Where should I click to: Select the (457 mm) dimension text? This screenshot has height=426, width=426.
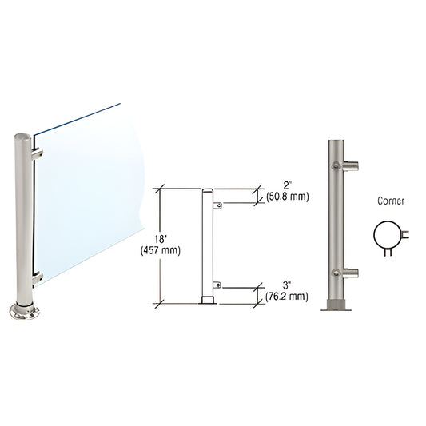165,250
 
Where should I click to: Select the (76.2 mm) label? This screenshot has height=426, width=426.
286,297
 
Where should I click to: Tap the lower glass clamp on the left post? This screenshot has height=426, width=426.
38,277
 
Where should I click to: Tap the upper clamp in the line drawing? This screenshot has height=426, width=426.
217,205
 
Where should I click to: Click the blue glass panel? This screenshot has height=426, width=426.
88,192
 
